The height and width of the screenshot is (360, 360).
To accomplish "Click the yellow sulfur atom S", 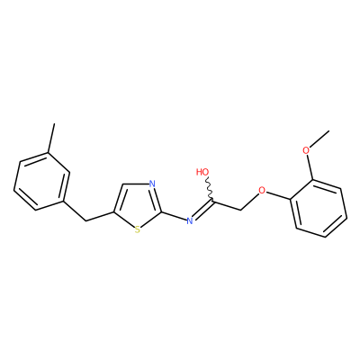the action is click(x=137, y=229).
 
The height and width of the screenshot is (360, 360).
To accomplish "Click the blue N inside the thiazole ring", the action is click(x=152, y=184).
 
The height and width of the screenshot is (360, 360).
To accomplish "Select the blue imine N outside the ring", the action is click(x=189, y=221).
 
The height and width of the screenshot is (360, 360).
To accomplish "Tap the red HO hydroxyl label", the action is click(x=202, y=172).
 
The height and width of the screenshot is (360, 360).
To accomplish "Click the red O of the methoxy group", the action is click(x=306, y=150).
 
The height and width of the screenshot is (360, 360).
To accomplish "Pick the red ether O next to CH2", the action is click(x=262, y=190).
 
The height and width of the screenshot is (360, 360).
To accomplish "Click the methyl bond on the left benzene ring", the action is click(x=51, y=138).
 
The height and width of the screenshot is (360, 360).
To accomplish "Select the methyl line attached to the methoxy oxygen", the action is click(x=319, y=139).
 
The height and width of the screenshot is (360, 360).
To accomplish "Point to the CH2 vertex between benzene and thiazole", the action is click(x=86, y=221).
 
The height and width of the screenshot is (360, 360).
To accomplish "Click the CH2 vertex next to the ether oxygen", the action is click(x=241, y=210).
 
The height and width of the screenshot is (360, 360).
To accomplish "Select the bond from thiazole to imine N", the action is click(x=174, y=217).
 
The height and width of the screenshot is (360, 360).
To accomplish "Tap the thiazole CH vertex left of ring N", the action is click(x=123, y=184).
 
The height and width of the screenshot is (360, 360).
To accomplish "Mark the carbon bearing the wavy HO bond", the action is click(x=213, y=201).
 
